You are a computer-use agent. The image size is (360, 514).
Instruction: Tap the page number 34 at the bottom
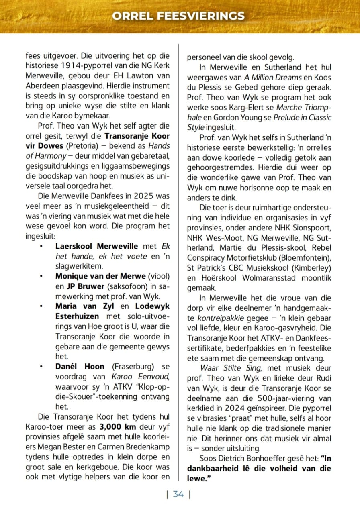[178, 494]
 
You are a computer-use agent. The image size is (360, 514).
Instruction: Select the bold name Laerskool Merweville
[96, 246]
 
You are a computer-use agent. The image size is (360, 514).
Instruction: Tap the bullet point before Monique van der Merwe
[42, 277]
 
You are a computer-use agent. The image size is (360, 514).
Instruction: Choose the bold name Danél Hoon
[80, 367]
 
